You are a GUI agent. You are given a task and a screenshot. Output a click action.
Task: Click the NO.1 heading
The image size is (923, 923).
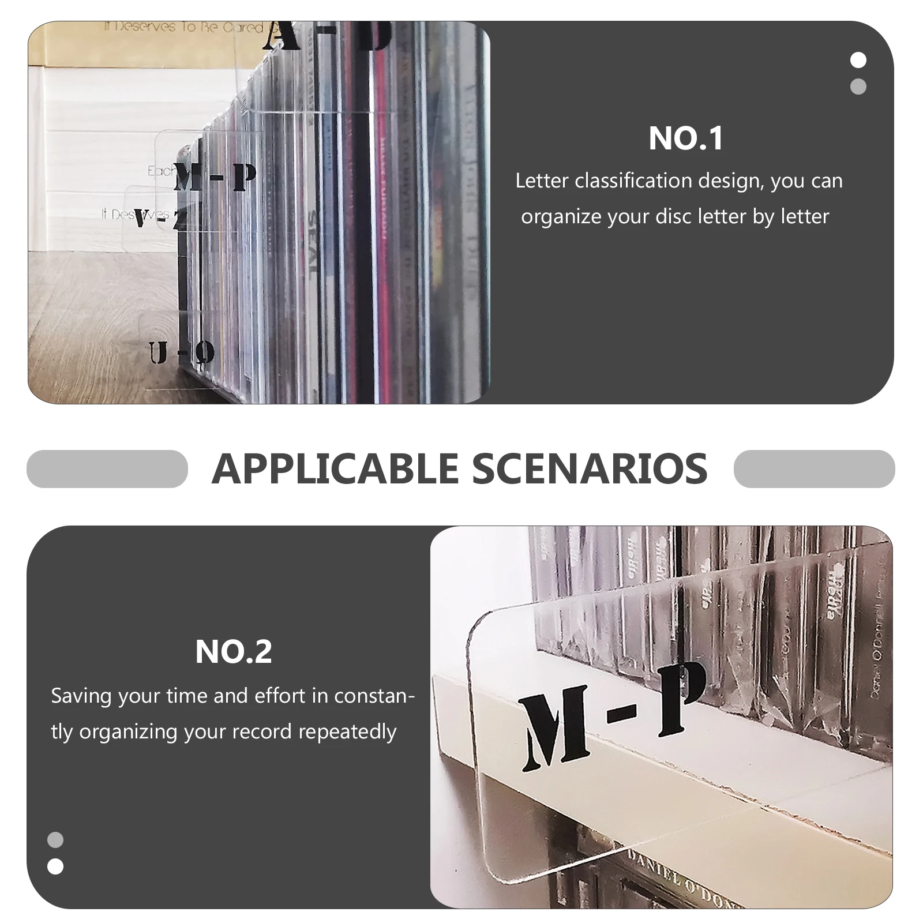point(685,138)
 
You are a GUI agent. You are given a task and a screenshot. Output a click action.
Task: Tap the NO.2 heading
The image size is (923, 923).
point(234,652)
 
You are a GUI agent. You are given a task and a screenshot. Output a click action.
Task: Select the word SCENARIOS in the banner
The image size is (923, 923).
point(590,468)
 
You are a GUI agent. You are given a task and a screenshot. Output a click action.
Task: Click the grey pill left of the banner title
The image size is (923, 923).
point(107,468)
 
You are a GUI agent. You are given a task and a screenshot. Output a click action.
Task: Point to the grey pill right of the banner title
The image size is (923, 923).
point(814,468)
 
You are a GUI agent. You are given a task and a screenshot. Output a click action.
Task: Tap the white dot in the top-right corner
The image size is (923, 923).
point(858,60)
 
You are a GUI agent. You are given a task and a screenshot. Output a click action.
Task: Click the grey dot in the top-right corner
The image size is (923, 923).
point(858,87)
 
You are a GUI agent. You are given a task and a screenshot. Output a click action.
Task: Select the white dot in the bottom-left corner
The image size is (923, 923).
point(55,866)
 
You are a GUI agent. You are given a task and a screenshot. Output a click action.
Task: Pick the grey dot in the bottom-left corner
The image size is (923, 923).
point(55,840)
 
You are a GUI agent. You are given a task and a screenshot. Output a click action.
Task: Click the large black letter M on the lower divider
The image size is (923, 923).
point(555,730)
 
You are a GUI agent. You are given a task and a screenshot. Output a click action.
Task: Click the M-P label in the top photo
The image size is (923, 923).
point(215,178)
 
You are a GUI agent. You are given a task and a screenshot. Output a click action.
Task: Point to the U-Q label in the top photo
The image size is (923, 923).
point(181,353)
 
